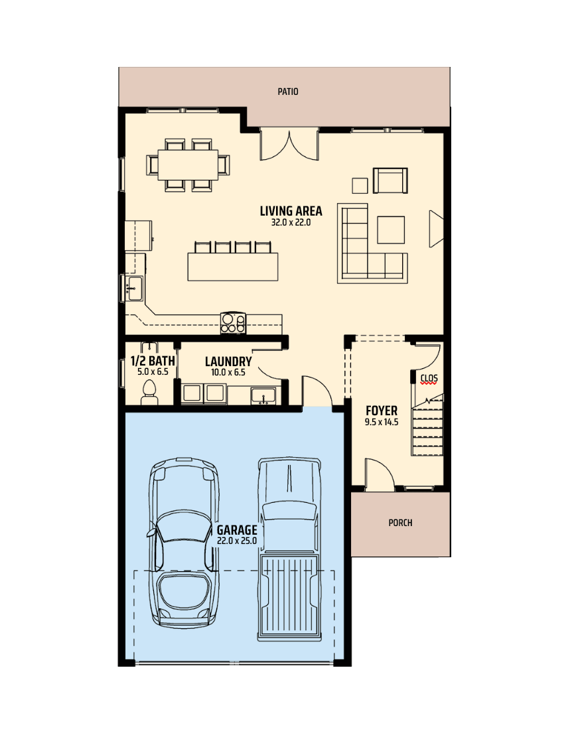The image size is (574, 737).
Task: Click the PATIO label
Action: click(x=287, y=92)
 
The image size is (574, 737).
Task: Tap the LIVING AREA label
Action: click(x=291, y=212)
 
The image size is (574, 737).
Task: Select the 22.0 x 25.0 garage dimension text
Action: click(x=236, y=541)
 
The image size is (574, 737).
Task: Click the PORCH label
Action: click(x=400, y=523)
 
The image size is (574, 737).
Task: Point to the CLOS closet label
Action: click(x=429, y=379)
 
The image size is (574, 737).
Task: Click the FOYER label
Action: click(x=382, y=411)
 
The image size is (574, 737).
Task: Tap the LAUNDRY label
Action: click(x=228, y=362)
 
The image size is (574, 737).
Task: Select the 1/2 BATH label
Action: click(x=153, y=362)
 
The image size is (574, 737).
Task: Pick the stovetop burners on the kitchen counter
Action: click(x=233, y=322)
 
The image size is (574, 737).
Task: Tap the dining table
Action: click(x=188, y=164)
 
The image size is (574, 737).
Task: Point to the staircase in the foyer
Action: click(x=427, y=431)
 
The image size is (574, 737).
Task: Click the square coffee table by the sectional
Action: click(x=391, y=230)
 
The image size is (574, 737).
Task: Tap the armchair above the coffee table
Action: click(x=390, y=180)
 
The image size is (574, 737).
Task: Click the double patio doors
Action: click(x=290, y=145)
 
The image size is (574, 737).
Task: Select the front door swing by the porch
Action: click(x=379, y=474)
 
